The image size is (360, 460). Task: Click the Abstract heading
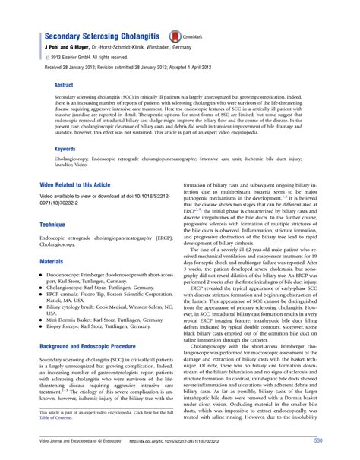[x=65, y=86]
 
